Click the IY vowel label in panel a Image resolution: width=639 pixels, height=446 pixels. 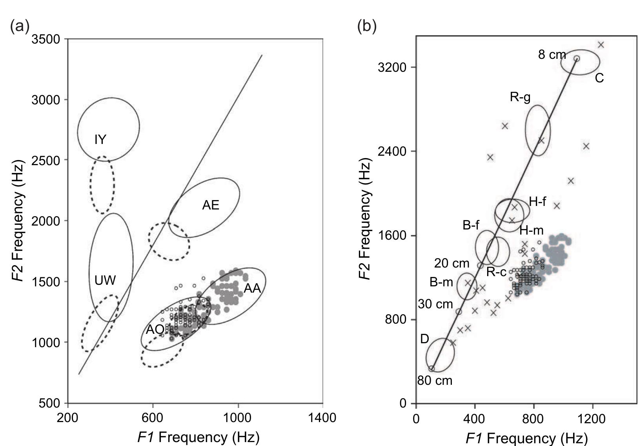100,139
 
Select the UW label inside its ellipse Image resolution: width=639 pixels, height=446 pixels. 105,280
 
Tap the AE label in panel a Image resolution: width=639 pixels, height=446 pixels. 211,205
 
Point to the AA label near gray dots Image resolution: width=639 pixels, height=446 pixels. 252,288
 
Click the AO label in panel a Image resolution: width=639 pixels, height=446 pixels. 155,329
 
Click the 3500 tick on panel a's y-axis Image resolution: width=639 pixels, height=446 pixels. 46,39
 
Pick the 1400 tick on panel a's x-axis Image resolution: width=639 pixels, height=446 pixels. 322,418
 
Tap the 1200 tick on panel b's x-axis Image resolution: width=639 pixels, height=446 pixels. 592,419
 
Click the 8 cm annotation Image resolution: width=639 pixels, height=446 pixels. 552,55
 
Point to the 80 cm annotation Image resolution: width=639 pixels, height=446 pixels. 435,380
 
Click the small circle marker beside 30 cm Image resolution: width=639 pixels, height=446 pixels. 459,311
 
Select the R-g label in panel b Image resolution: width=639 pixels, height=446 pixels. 520,96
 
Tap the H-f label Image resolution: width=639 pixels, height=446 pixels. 537,202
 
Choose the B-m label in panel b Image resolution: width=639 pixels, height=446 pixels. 441,282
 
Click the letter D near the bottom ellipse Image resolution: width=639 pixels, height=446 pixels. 424,339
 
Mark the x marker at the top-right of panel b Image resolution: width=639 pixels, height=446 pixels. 601,45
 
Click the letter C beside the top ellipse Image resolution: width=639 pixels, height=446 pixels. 599,78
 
